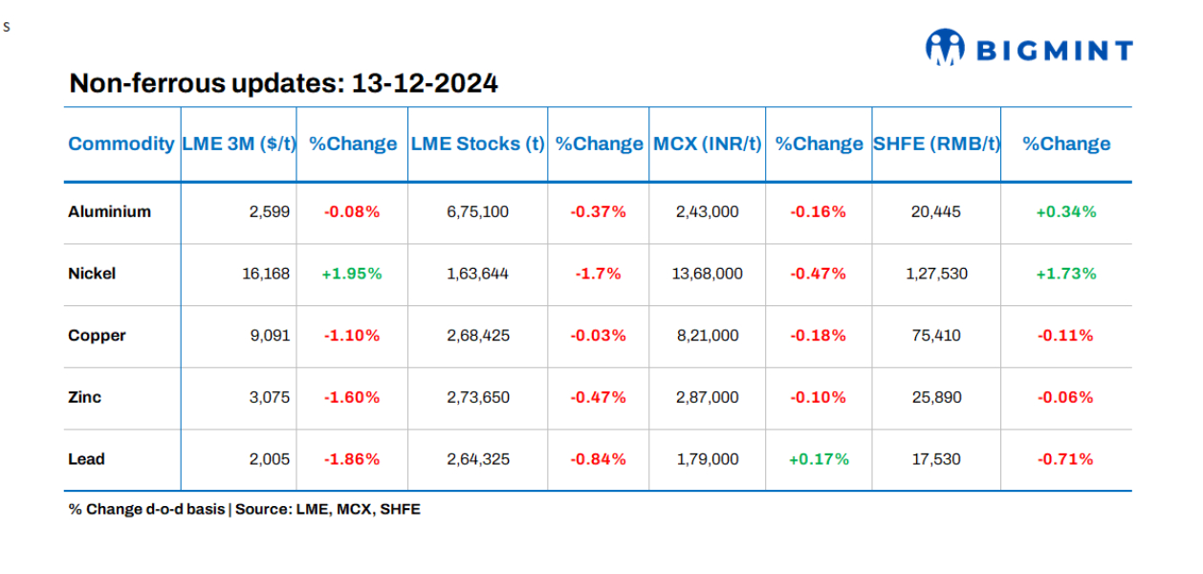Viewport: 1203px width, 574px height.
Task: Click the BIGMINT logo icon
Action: [946, 47]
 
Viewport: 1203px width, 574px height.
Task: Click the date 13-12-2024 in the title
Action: [425, 83]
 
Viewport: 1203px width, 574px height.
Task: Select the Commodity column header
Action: [121, 144]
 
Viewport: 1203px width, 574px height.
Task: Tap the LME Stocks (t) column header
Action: [477, 144]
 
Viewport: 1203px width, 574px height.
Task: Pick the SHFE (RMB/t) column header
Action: [936, 144]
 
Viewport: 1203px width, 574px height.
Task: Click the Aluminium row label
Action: [109, 211]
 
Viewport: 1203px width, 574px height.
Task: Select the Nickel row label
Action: [92, 274]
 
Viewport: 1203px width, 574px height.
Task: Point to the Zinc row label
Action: [84, 397]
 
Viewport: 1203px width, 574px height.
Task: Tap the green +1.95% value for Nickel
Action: [352, 274]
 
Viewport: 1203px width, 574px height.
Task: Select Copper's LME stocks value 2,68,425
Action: [477, 336]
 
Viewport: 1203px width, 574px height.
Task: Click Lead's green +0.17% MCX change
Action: [819, 459]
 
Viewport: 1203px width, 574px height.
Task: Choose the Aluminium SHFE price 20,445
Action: [936, 211]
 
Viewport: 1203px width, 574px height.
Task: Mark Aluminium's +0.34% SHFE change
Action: [1066, 211]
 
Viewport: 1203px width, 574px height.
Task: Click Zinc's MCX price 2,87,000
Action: [707, 397]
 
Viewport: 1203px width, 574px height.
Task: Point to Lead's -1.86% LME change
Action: [352, 459]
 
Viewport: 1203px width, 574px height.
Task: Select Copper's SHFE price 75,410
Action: [936, 336]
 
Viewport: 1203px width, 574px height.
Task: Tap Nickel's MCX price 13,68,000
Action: [707, 274]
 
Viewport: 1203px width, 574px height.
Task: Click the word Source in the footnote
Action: [261, 509]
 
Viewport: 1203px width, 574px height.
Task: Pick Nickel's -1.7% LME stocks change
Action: [598, 274]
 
